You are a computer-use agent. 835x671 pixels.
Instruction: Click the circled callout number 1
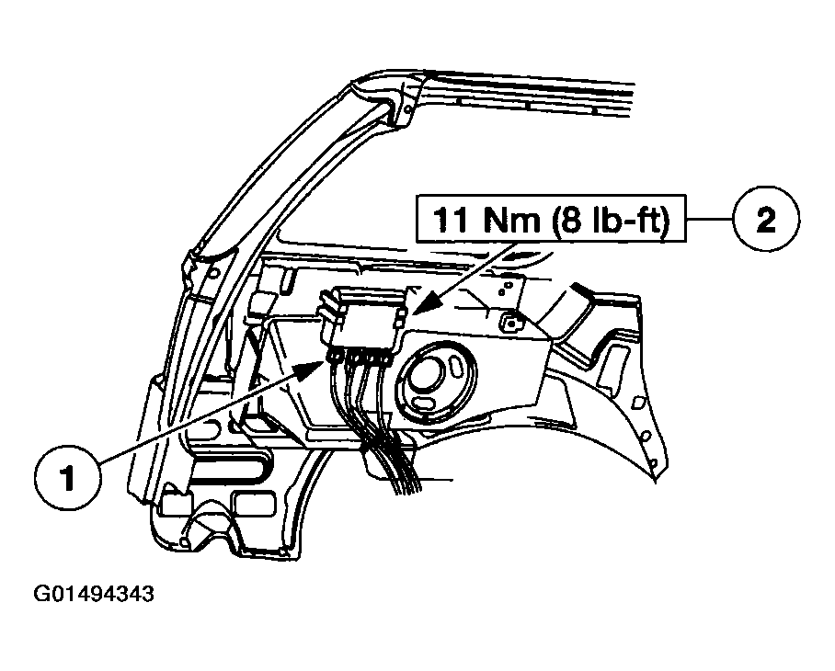pyautogui.click(x=68, y=477)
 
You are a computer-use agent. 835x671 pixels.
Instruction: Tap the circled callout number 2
pyautogui.click(x=766, y=218)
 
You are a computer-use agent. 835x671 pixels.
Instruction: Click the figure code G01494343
pyautogui.click(x=94, y=593)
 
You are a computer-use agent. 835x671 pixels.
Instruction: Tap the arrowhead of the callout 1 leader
pyautogui.click(x=311, y=369)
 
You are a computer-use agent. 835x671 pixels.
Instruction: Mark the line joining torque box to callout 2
pyautogui.click(x=709, y=219)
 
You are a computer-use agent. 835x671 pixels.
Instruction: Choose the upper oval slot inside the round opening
pyautogui.click(x=456, y=367)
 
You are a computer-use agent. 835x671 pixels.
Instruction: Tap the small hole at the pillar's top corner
pyautogui.click(x=406, y=109)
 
